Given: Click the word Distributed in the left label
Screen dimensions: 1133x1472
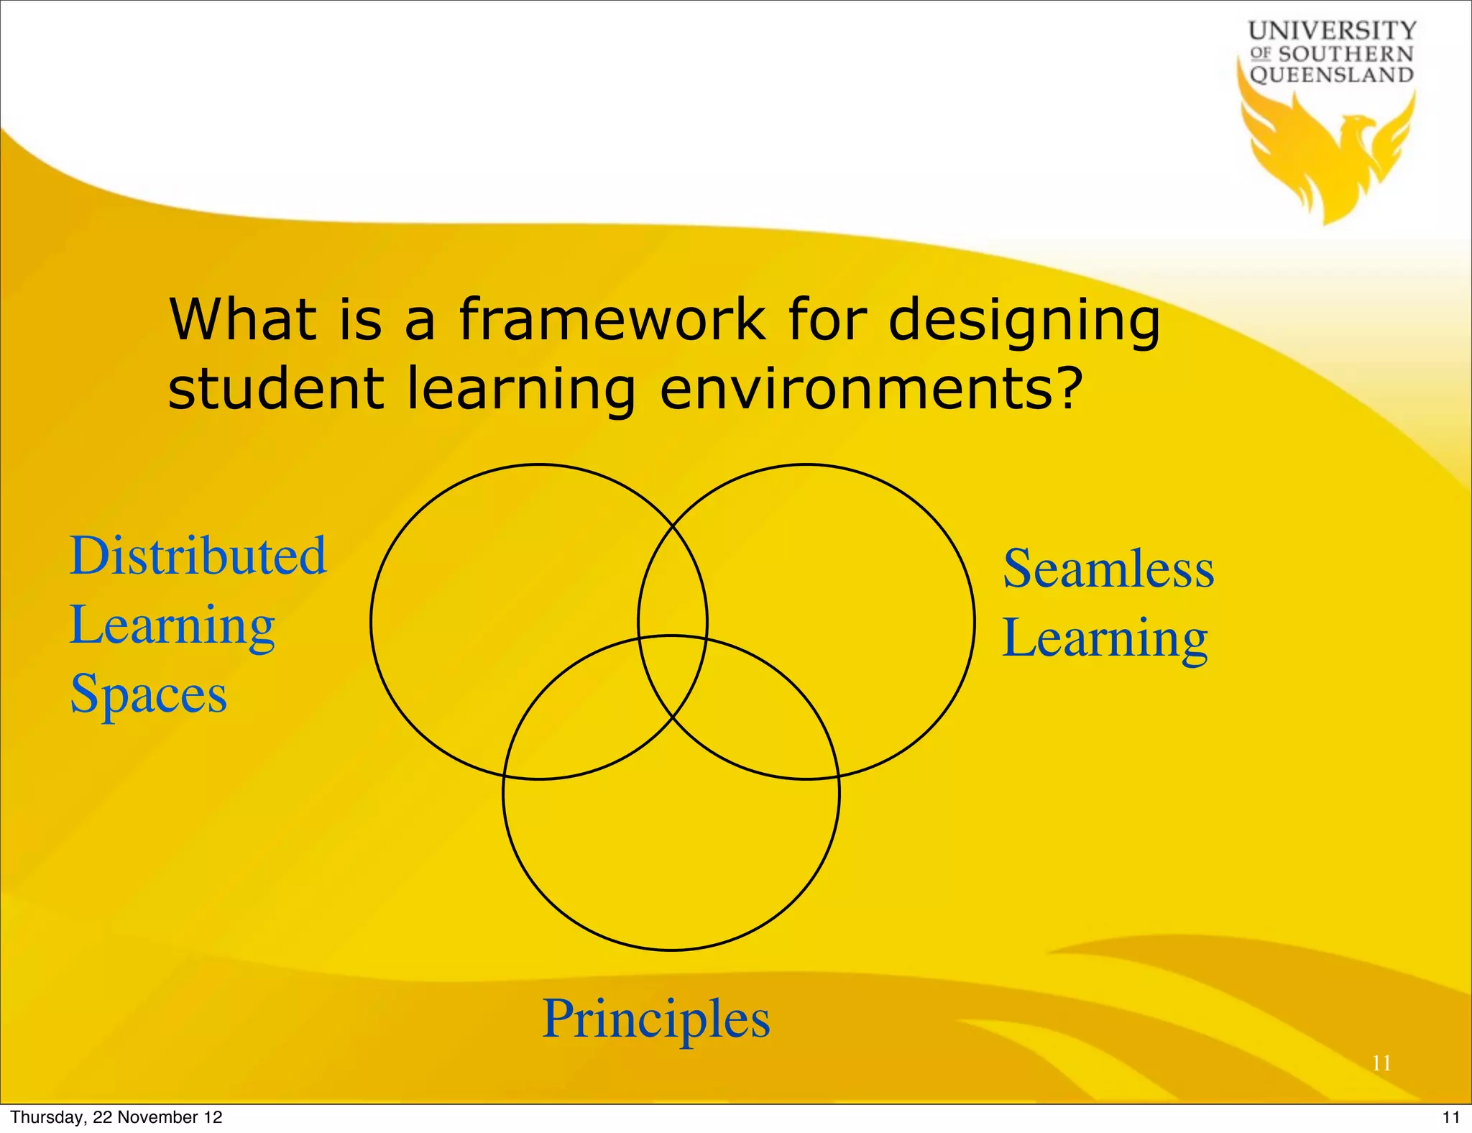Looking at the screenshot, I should [198, 556].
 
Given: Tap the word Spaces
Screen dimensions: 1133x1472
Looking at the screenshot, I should [149, 694].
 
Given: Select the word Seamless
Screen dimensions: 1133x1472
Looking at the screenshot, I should [1108, 569].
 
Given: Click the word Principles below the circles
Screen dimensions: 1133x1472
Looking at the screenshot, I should [655, 1020].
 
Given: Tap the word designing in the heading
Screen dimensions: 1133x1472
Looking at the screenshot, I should [1023, 321].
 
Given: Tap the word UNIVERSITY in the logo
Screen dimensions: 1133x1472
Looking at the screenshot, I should [1332, 31].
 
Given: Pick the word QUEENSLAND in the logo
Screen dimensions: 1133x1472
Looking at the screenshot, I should [1332, 75].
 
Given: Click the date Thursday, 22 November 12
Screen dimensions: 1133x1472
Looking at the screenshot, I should [116, 1117].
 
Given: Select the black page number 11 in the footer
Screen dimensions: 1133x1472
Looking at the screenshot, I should [1450, 1117].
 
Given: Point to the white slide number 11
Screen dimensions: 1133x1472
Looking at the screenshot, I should [1381, 1063].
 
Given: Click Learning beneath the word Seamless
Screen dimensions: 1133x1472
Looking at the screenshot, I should [1105, 638].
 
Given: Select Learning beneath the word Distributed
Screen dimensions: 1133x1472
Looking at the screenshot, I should [172, 626].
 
